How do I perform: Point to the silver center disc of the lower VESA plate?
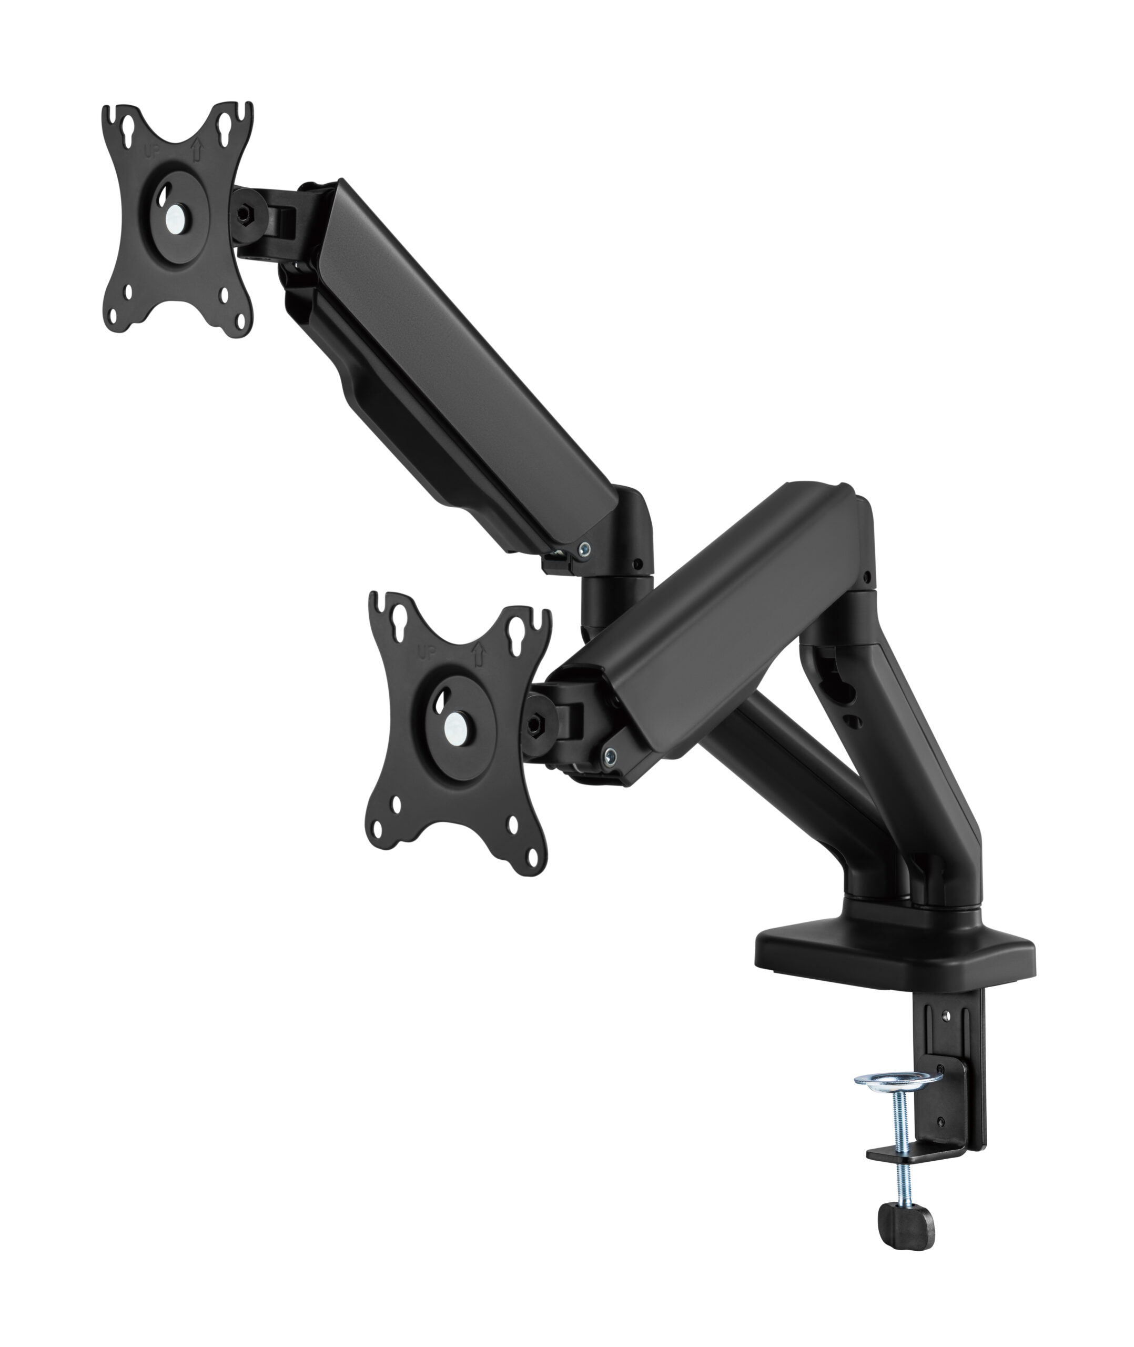[x=456, y=727]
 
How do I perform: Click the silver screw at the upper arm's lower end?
[x=584, y=548]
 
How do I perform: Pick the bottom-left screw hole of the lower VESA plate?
[x=396, y=805]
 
